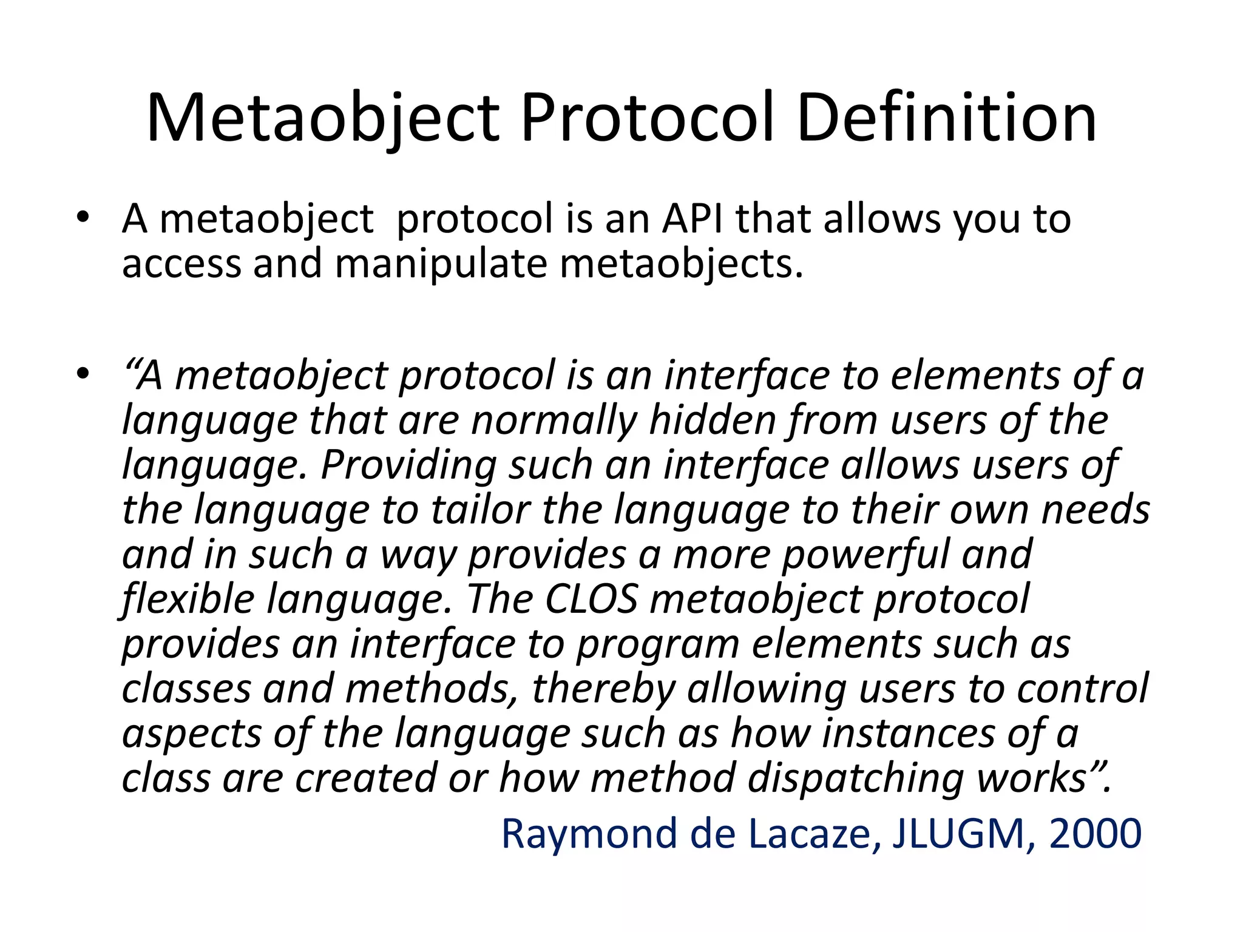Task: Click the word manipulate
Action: pos(441,264)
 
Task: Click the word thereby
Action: pos(603,689)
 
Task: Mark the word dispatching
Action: pos(855,778)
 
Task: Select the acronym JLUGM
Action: pos(959,834)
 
